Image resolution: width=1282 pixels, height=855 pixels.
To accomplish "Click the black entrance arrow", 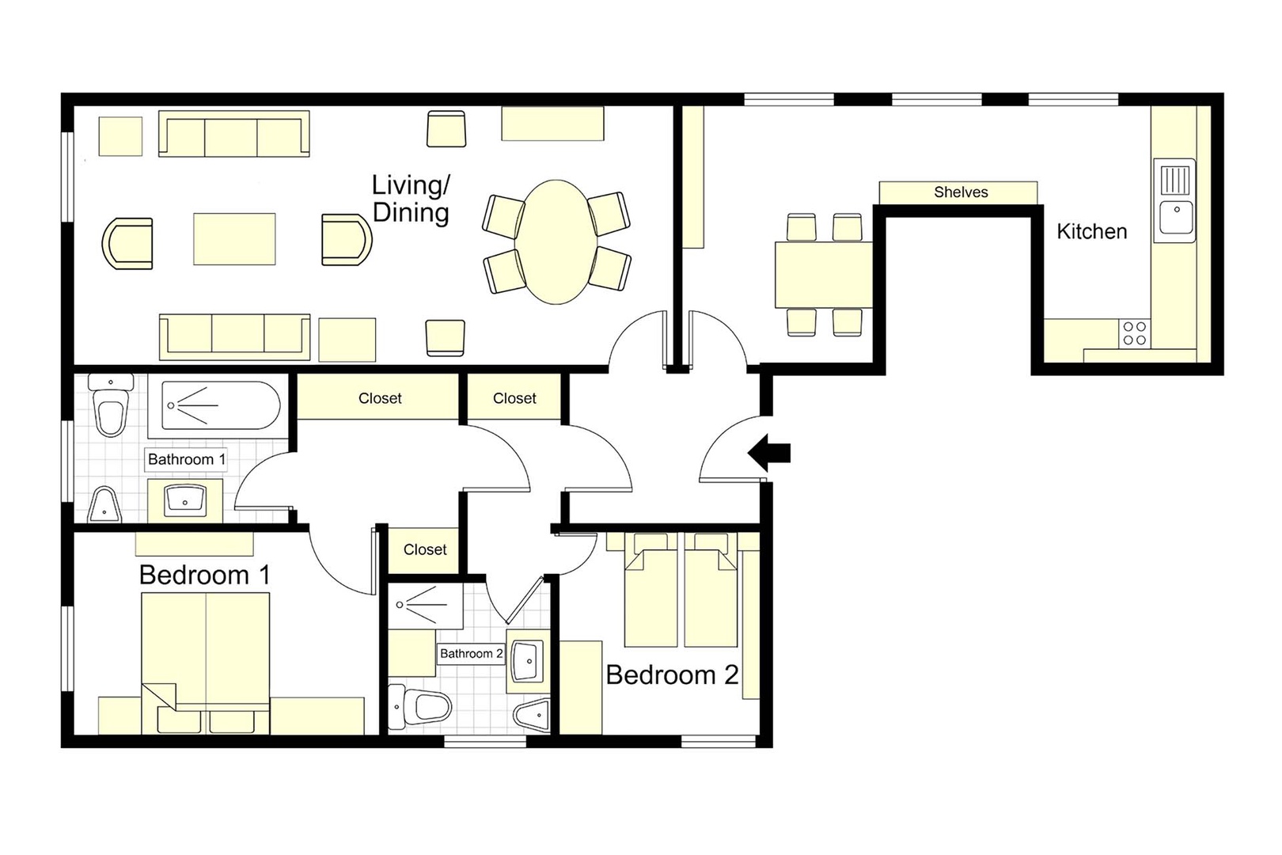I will (769, 453).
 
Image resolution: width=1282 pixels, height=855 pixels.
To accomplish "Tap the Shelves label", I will (960, 192).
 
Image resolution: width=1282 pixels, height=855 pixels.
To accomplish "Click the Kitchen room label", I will (1091, 232).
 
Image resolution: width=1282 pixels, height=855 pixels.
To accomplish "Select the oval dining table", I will (557, 242).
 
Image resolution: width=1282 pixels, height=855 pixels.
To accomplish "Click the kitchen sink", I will (1175, 201).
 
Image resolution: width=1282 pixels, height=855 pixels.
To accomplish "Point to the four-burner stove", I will (1134, 333).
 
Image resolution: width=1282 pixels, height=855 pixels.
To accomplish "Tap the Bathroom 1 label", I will (187, 459).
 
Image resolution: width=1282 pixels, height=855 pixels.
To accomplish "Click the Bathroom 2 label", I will (471, 653).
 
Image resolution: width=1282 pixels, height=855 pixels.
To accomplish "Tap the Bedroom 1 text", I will (204, 575).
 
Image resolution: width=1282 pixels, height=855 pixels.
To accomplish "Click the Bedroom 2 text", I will (671, 674).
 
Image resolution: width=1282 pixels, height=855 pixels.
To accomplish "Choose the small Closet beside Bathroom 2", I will (425, 549).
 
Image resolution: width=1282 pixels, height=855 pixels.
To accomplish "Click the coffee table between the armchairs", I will (234, 238).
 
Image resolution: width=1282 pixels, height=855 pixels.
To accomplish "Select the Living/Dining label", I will (411, 199).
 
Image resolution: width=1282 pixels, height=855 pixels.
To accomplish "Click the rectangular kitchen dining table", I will (823, 275).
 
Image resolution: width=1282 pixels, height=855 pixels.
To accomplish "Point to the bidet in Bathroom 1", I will (104, 504).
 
